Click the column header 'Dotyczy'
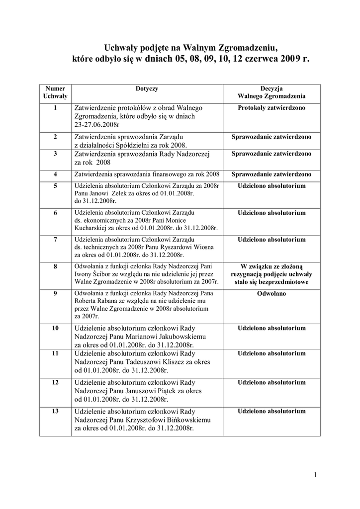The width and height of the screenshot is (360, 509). coord(147,88)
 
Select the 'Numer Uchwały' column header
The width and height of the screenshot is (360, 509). coord(55,92)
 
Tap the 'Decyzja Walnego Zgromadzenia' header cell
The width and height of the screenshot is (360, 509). coord(271,92)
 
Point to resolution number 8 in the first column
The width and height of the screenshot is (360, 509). coord(55,266)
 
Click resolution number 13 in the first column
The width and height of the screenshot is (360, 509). coord(55,411)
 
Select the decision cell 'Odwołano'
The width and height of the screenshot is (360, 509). coord(271,293)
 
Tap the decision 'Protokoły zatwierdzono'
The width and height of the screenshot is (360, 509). coord(271,108)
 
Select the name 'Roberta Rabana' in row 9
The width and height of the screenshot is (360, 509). coord(97,301)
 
